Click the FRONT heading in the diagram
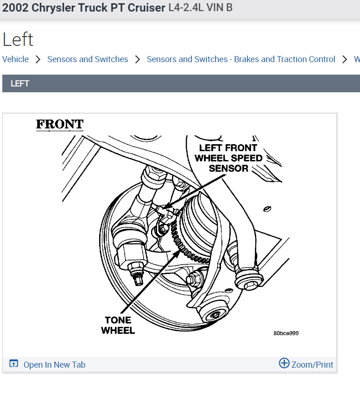click(60, 124)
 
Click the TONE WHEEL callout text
click(118, 325)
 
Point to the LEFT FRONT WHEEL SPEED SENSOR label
click(228, 158)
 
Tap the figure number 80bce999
click(286, 333)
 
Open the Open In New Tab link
click(54, 364)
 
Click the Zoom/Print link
click(312, 364)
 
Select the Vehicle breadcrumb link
click(15, 59)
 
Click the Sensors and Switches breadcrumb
click(88, 59)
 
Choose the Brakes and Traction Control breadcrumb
click(241, 59)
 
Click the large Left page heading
click(18, 39)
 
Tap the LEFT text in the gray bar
click(20, 83)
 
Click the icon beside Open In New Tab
click(14, 364)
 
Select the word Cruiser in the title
click(146, 8)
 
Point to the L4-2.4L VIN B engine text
click(201, 8)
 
